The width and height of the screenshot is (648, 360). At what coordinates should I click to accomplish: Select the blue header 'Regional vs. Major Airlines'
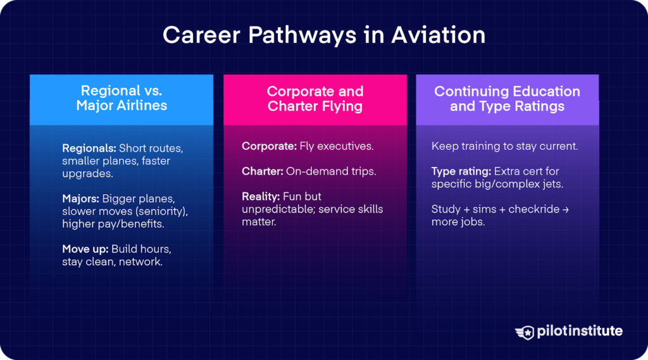click(x=121, y=99)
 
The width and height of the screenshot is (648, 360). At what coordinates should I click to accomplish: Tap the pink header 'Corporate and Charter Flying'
click(x=315, y=99)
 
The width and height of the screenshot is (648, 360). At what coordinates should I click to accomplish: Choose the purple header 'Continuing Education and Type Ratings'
click(x=507, y=99)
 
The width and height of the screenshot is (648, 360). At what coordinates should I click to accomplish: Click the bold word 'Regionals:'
click(x=89, y=148)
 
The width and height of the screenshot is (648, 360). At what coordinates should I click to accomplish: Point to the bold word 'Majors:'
click(x=80, y=199)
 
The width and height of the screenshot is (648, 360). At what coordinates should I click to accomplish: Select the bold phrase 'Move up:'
click(x=85, y=249)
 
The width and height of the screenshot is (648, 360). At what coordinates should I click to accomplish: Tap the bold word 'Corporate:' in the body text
click(x=268, y=146)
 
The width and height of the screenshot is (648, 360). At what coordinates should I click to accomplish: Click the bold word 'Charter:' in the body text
click(x=262, y=171)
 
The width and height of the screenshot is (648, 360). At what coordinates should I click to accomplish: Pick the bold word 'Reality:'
click(x=261, y=197)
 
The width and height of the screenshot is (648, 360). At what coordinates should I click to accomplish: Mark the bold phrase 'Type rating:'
click(x=461, y=171)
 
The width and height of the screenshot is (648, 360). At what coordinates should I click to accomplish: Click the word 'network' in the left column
click(x=141, y=261)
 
